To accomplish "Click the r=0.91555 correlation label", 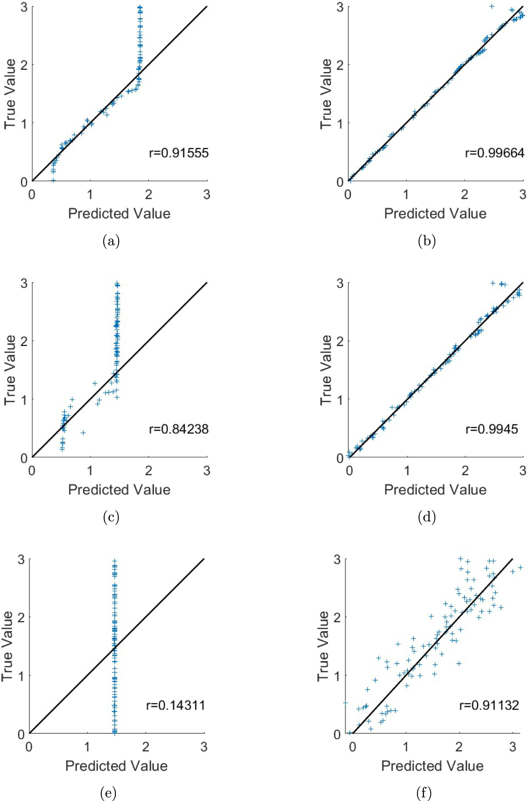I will (178, 153).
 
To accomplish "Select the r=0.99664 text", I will (494, 153).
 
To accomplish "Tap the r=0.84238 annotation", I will (178, 429).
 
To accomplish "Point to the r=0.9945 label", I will (492, 429).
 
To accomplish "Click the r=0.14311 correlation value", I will (176, 705).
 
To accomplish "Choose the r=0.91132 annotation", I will (489, 705).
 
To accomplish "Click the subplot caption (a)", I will (111, 241).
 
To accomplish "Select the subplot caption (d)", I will (427, 517).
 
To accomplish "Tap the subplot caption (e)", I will (108, 793).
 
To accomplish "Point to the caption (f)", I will (424, 793).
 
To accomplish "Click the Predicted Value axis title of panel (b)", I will (435, 214).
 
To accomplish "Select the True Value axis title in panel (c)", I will (10, 370).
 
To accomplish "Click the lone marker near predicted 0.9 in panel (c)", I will (83, 433).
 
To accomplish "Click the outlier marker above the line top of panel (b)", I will (492, 6).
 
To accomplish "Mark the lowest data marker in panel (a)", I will (53, 180).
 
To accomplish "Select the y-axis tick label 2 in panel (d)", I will (340, 341).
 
